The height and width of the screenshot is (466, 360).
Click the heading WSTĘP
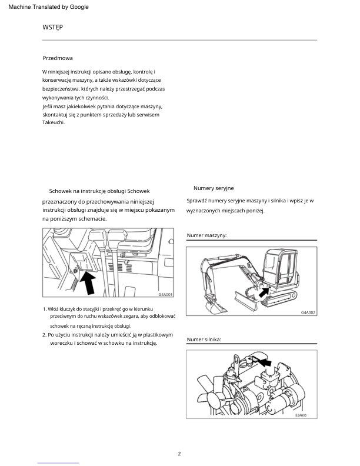coord(52,27)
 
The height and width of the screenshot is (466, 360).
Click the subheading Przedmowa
coord(58,58)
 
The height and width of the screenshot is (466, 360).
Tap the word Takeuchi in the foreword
coord(53,122)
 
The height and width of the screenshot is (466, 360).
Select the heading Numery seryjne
coord(214,188)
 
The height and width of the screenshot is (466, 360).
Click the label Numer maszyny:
coord(206,235)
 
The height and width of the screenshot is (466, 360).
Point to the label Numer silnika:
coord(204,339)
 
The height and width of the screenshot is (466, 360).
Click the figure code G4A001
coord(165,295)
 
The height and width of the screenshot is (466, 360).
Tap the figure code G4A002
coord(308,312)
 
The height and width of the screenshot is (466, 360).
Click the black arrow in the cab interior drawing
coord(88,283)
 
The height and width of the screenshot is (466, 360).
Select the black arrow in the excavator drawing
coord(264,292)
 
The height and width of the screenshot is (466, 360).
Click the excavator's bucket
coord(215,306)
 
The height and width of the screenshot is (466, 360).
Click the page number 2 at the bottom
coord(179,454)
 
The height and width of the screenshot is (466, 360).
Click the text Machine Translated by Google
coord(48,7)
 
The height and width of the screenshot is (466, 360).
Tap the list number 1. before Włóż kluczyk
coord(45,309)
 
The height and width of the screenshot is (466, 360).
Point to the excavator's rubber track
coord(279,299)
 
